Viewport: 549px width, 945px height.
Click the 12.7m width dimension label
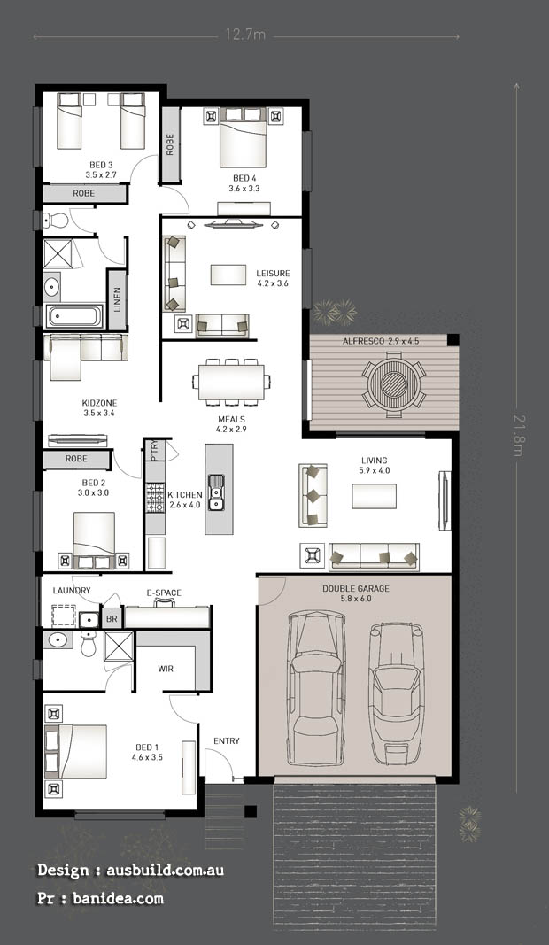[245, 35]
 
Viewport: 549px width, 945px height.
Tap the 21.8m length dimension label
[518, 435]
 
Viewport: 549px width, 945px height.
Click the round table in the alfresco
[394, 384]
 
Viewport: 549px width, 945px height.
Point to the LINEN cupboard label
[118, 299]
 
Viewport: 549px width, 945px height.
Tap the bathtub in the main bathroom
[74, 316]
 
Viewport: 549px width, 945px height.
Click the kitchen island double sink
[216, 492]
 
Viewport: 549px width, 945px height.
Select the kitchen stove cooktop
[155, 498]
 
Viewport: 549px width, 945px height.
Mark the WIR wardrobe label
[166, 669]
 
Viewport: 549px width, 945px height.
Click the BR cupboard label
[112, 619]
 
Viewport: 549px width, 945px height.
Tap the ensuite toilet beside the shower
[89, 644]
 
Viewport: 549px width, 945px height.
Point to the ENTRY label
[227, 740]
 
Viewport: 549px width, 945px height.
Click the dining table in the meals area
[231, 382]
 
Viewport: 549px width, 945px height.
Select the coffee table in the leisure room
[228, 275]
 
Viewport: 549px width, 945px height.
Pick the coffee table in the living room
[375, 496]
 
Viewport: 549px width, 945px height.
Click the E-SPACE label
[164, 593]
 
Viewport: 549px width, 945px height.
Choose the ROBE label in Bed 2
[76, 459]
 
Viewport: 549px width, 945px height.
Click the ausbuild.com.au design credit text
[165, 870]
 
